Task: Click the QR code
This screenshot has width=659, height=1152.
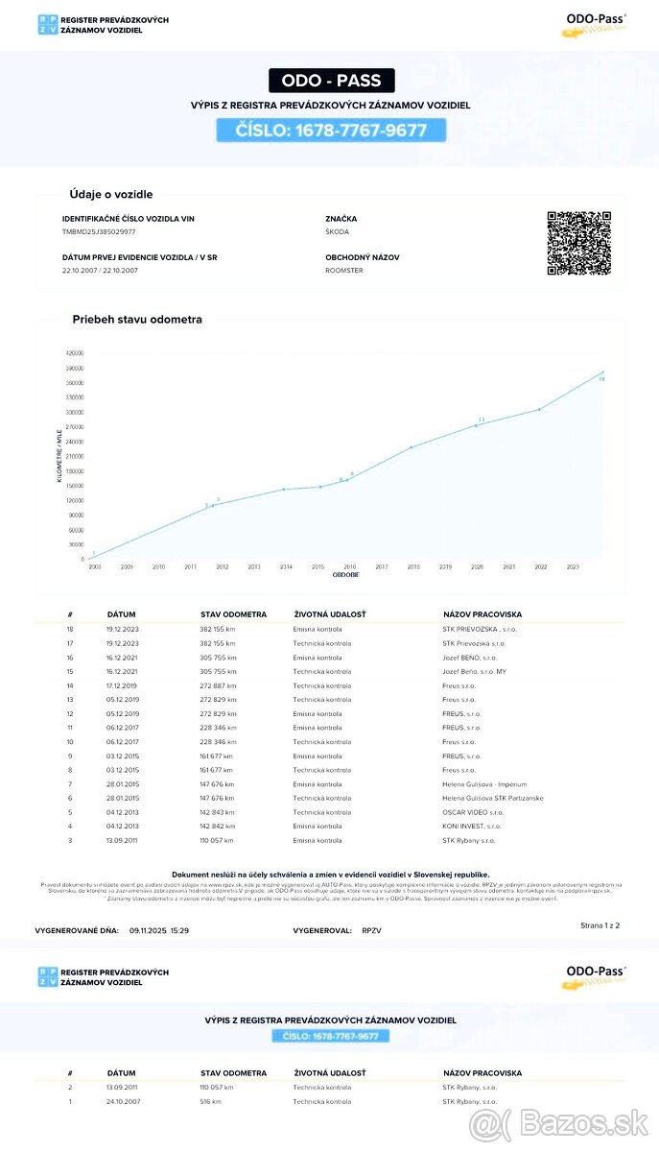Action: click(578, 243)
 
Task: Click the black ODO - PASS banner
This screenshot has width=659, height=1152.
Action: click(331, 81)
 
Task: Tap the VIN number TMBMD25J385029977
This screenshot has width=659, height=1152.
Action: click(99, 232)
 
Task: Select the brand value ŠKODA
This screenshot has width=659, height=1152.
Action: click(338, 232)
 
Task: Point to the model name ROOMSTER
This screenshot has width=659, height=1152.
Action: click(344, 271)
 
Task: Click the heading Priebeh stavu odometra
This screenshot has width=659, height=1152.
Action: click(137, 320)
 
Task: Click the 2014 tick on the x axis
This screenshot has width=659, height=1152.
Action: click(286, 567)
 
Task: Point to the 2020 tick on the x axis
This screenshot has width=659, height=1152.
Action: click(477, 567)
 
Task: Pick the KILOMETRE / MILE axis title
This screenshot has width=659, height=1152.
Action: click(59, 454)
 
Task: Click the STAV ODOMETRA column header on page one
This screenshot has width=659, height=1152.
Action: click(233, 613)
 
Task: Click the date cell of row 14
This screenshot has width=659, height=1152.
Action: click(124, 685)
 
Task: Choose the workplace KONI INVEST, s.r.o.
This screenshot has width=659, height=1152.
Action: click(472, 827)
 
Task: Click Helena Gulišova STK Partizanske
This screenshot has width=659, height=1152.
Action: click(492, 799)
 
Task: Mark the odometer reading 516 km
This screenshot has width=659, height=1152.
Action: click(210, 1101)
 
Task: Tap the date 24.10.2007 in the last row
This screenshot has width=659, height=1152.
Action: click(124, 1101)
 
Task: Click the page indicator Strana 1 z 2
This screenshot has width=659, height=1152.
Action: click(600, 925)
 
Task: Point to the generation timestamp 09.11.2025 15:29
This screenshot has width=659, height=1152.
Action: click(159, 931)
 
